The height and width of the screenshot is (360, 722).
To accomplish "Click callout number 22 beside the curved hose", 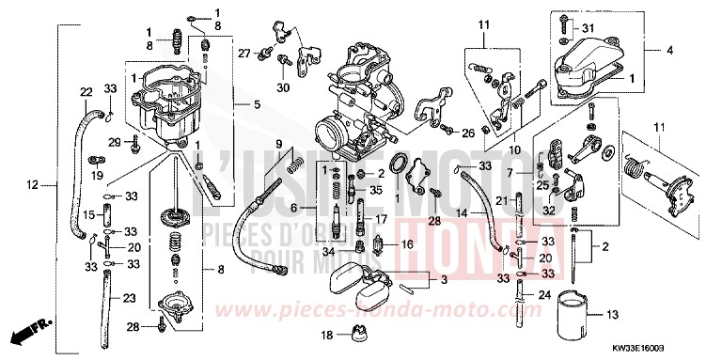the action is click(x=86, y=91).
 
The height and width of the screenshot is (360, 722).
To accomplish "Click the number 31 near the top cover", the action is click(x=590, y=26).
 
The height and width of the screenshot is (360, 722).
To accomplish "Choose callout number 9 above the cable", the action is click(x=278, y=143).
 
